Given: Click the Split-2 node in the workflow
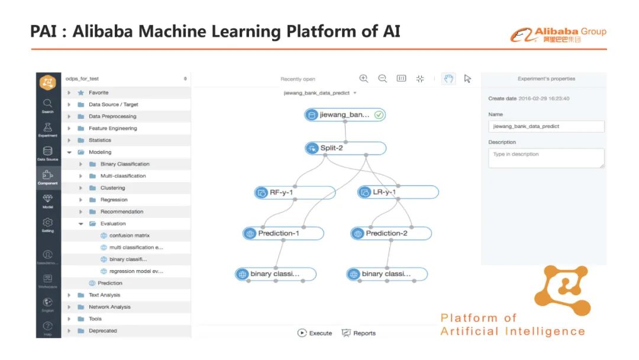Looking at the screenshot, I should pos(346,148).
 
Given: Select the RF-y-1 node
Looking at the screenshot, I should pos(295,192).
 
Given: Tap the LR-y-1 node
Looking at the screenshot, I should pos(398,192).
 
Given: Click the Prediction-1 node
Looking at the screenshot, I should pos(283,233).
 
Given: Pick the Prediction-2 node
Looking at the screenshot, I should pos(391,233).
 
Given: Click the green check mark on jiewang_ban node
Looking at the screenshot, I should pos(379,115).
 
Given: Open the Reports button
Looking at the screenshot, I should pos(359,333).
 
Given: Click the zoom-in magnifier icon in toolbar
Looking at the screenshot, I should pos(364,79).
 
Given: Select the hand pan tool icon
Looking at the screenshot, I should pos(448,79).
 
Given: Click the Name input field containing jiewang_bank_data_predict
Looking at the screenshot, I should pos(546,126).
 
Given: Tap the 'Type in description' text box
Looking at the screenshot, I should pos(546,157).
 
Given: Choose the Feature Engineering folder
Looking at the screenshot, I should pos(112,128).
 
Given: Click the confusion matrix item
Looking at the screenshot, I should pos(129,236).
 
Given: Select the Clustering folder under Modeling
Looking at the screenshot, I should pos(112,188).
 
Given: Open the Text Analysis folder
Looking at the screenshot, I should pos(104,295).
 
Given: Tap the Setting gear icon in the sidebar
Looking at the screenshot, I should pos(48,224).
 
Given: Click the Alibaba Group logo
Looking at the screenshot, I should pos(558,35).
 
